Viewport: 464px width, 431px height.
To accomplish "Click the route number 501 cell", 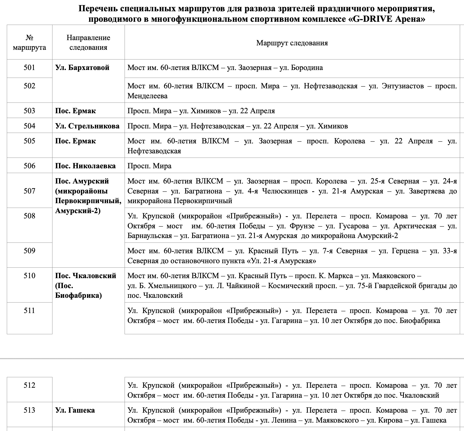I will (29, 68).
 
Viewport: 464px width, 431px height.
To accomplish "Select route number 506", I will (29, 166).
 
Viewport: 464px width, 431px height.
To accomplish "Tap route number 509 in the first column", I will (29, 251).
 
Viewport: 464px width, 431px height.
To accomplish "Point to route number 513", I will (29, 410).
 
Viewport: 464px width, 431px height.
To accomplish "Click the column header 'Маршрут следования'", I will (292, 43).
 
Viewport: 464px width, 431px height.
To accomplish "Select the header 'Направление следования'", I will (88, 42).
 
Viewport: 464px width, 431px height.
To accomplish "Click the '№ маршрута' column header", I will (29, 42).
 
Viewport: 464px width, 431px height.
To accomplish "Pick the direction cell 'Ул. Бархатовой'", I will (82, 68).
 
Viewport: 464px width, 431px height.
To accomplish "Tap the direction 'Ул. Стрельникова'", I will (87, 126).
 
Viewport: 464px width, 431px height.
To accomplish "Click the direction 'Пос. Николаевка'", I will (85, 166).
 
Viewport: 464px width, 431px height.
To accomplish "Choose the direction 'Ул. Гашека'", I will (75, 410).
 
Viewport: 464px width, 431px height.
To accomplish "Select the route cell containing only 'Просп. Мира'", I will (149, 166).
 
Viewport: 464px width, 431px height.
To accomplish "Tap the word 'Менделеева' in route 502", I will (147, 96).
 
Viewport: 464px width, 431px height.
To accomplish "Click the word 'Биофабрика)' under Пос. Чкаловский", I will (78, 295).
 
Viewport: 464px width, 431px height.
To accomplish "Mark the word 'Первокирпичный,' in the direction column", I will (88, 201).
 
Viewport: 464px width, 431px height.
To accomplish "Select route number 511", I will (29, 311).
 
